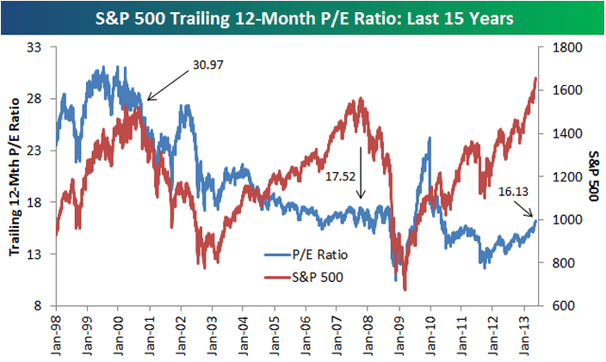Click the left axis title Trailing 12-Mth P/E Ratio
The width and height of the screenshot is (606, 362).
15,176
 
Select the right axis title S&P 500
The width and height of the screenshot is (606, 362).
593,176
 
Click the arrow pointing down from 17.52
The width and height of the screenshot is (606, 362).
362,186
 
